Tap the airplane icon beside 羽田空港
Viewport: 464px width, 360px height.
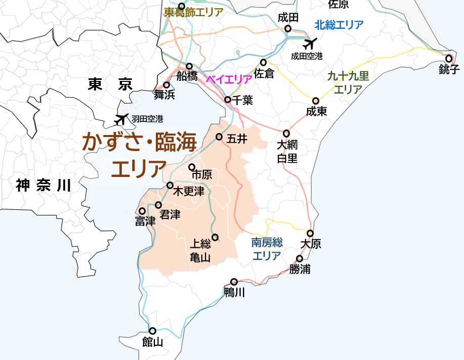(121, 119)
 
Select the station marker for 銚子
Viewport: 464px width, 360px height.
(448, 59)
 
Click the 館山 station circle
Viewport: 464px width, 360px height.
(152, 331)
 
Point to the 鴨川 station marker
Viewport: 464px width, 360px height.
(234, 282)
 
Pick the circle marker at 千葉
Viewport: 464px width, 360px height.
(228, 100)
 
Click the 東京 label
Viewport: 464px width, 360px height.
(109, 84)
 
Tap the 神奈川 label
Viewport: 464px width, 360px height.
(43, 186)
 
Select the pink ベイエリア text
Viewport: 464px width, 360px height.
(229, 79)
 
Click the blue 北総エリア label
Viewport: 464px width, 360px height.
(339, 24)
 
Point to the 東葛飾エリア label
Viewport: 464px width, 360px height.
(193, 13)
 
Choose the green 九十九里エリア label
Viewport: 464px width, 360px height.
(348, 83)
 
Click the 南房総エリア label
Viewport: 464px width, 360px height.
(267, 249)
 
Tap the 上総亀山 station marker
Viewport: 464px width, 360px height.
(215, 237)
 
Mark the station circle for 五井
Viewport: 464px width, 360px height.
(219, 137)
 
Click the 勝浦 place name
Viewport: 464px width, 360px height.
(300, 269)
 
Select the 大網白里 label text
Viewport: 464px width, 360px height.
(287, 151)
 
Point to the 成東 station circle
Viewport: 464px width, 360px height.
(316, 101)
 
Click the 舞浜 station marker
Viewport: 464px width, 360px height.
(166, 84)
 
